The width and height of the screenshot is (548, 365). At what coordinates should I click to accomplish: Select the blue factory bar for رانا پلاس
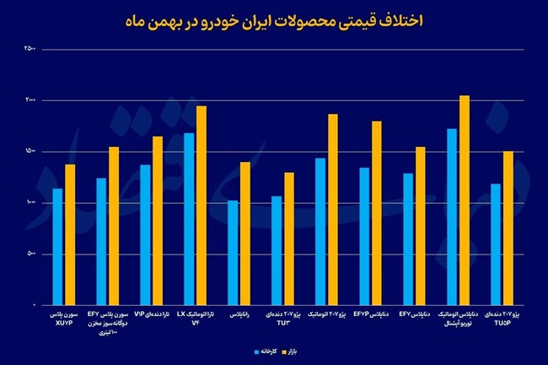pyautogui.click(x=233, y=253)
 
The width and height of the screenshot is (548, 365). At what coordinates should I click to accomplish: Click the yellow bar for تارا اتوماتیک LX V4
pyautogui.click(x=201, y=206)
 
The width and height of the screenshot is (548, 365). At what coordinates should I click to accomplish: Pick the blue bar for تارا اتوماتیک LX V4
pyautogui.click(x=189, y=219)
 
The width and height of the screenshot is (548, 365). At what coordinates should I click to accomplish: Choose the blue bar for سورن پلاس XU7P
pyautogui.click(x=57, y=246)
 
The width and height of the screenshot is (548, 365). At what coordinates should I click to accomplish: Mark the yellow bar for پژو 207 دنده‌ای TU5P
pyautogui.click(x=508, y=228)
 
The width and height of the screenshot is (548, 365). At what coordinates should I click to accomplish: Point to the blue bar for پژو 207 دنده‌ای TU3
pyautogui.click(x=277, y=250)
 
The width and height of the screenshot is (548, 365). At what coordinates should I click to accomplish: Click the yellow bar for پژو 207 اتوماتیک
pyautogui.click(x=333, y=210)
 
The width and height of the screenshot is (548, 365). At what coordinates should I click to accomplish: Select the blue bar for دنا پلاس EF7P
pyautogui.click(x=364, y=236)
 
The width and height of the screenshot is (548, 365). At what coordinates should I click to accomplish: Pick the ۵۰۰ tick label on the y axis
pyautogui.click(x=30, y=254)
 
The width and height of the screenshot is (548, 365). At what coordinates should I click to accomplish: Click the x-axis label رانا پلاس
pyautogui.click(x=239, y=313)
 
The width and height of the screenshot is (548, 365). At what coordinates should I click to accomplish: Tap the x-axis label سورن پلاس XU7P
pyautogui.click(x=64, y=317)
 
